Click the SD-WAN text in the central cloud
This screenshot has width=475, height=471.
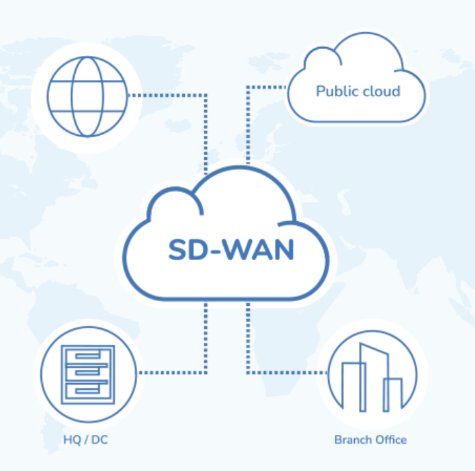click(x=231, y=250)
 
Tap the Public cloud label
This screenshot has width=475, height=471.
click(x=358, y=91)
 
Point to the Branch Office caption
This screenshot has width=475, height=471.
click(x=370, y=440)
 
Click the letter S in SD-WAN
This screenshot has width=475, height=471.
click(x=177, y=250)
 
